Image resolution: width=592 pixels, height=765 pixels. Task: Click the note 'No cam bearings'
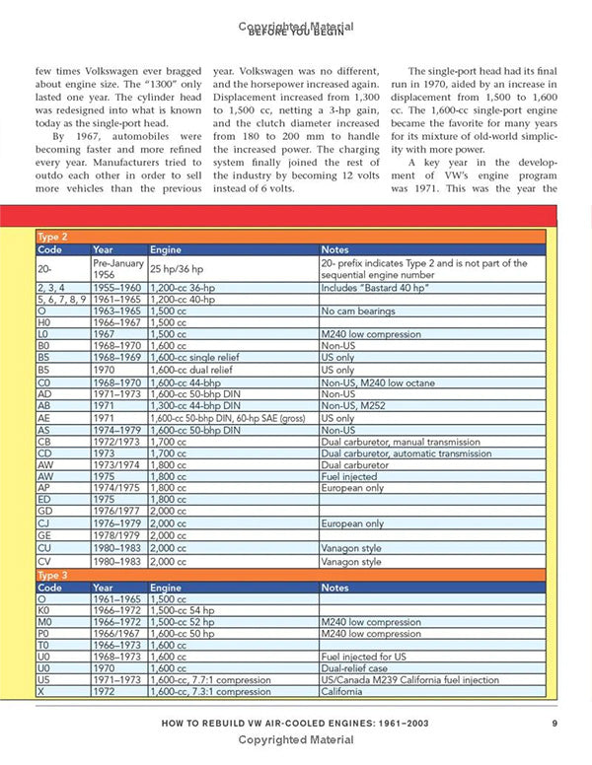[x=355, y=311]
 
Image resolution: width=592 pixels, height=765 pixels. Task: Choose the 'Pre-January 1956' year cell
[x=116, y=268]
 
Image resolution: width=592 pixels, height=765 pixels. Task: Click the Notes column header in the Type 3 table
[x=335, y=587]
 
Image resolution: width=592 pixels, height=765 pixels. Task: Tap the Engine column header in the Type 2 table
[x=165, y=249]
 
